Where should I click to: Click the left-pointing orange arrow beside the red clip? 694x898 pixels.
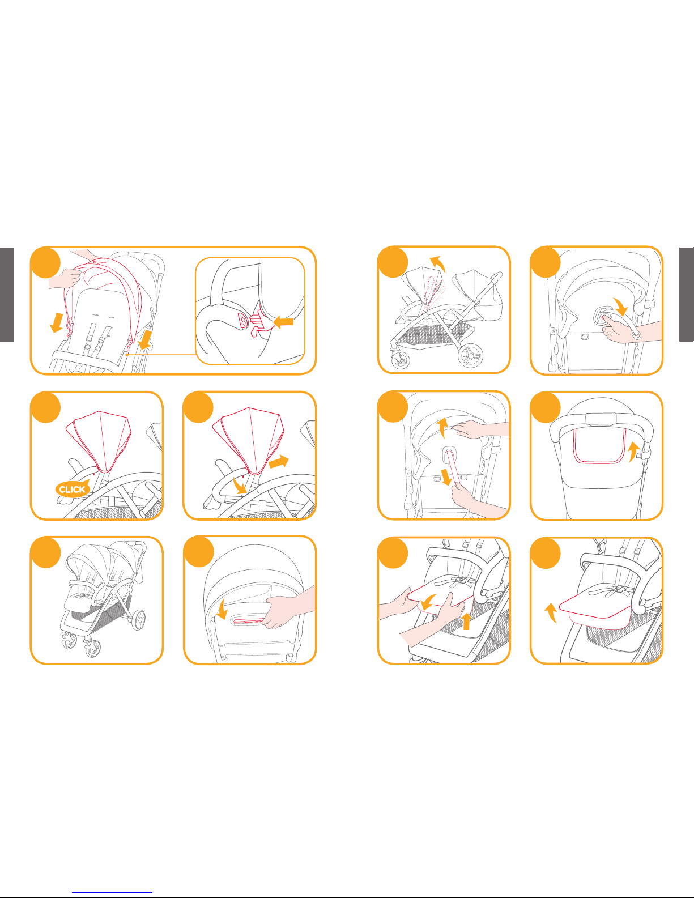click(284, 321)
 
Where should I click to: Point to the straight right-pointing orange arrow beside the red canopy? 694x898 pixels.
click(278, 461)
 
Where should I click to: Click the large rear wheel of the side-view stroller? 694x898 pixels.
click(470, 355)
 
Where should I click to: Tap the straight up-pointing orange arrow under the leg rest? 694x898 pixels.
click(466, 621)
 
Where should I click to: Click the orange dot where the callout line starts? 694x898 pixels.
click(127, 354)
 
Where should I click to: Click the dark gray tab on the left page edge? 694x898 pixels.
click(7, 295)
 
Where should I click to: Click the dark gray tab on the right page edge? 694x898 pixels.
click(687, 295)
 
